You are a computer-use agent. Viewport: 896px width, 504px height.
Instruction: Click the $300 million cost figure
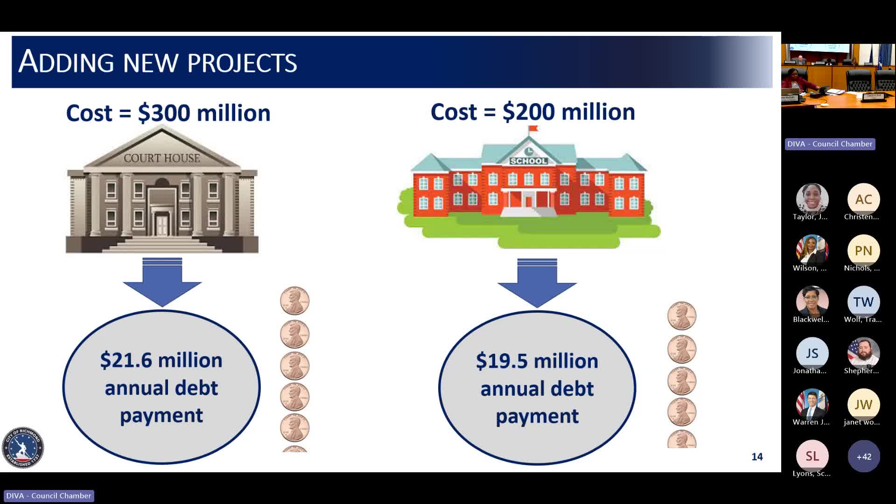tap(204, 113)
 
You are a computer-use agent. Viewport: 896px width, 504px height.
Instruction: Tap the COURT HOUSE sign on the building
tap(161, 159)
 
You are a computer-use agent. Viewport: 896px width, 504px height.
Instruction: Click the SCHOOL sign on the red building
tap(529, 161)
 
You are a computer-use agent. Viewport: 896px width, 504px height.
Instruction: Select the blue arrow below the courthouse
tap(162, 282)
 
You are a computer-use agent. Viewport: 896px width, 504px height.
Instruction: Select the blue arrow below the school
tap(537, 282)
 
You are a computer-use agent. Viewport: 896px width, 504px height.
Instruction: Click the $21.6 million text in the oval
tap(161, 361)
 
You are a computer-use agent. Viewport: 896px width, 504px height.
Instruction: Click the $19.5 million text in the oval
tap(537, 362)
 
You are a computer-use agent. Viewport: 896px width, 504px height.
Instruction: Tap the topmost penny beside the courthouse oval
tap(294, 301)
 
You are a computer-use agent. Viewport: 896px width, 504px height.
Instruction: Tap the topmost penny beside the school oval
tap(682, 316)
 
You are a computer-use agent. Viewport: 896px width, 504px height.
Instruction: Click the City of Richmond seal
tap(22, 448)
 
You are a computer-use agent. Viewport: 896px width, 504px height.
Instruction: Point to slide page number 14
tap(757, 457)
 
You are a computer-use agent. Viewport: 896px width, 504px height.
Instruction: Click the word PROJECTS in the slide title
tap(242, 63)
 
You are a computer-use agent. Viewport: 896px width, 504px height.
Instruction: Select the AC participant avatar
tap(863, 200)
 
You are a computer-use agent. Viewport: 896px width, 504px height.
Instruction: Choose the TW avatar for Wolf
tap(863, 302)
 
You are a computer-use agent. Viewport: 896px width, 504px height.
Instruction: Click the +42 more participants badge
tap(863, 456)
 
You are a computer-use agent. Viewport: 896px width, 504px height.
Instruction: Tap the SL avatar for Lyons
tap(812, 456)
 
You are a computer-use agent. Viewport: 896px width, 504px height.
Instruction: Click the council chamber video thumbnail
tap(838, 76)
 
